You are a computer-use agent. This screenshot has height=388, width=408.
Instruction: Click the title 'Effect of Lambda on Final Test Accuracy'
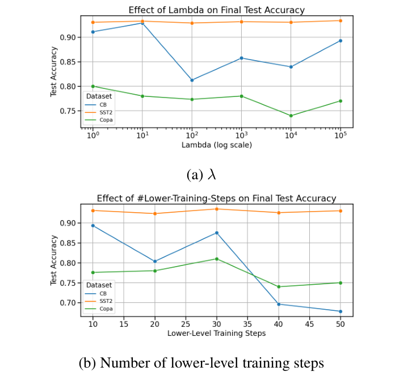(216, 10)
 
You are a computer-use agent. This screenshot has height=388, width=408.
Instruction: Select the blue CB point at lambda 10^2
(192, 80)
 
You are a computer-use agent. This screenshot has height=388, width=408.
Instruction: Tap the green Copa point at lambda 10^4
(291, 116)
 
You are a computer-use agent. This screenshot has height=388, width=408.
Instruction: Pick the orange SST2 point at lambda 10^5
(340, 20)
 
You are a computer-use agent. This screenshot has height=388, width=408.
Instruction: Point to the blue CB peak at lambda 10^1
(142, 23)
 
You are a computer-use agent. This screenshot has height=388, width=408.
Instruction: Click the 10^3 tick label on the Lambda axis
(241, 136)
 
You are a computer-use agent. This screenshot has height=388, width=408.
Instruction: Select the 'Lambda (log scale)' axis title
(216, 145)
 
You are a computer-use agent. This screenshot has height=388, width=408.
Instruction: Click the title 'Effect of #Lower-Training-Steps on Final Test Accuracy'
(216, 199)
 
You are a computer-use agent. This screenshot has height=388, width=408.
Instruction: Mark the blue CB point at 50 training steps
(340, 311)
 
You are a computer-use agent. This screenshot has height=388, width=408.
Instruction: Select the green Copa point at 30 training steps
(216, 259)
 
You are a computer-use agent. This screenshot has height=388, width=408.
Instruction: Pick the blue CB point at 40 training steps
(279, 304)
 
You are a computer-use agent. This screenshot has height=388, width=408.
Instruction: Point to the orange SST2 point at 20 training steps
(154, 213)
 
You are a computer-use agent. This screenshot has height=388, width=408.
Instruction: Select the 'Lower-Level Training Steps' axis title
(216, 334)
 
